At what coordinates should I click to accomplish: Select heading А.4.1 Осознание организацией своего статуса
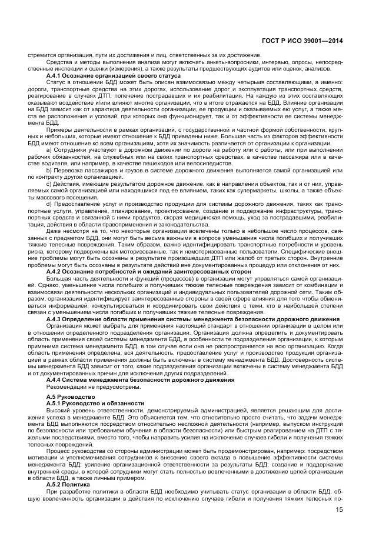(97, 76)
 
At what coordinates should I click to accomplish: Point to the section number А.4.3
(55, 319)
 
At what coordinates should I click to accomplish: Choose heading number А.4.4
(55, 380)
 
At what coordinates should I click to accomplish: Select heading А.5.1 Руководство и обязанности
(95, 403)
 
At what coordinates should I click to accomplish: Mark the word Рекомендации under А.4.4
(67, 386)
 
